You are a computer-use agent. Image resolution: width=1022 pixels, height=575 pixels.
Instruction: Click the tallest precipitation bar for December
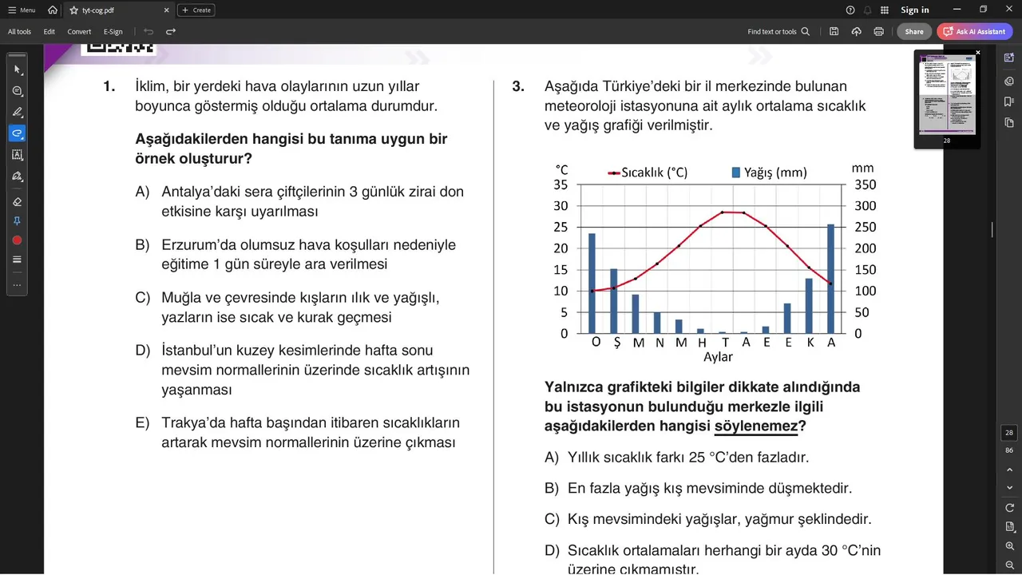click(x=830, y=279)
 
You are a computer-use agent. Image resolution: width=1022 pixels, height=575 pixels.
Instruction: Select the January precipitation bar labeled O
click(x=592, y=284)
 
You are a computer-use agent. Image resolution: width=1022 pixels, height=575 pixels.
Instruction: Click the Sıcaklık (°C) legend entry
click(x=648, y=172)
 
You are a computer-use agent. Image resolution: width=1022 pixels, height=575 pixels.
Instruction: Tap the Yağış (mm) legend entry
click(x=769, y=172)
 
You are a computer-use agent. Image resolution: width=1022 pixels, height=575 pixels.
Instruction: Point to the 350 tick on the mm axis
click(x=866, y=184)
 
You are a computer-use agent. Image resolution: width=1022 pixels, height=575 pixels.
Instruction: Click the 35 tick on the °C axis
click(x=561, y=184)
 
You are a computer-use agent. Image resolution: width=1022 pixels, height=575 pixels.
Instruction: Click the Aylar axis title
click(x=718, y=357)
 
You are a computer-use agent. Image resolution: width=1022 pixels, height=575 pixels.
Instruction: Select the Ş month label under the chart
click(x=616, y=343)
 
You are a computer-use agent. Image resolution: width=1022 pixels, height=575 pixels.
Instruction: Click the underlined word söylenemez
click(x=755, y=426)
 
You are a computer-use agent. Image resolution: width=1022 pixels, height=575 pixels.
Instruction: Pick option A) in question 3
click(x=687, y=458)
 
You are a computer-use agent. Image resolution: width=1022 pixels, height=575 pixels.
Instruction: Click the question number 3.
click(x=518, y=86)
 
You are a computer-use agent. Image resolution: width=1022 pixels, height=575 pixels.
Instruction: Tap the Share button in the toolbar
click(x=914, y=32)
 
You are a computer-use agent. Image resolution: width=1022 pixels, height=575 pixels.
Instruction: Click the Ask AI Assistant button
click(x=975, y=32)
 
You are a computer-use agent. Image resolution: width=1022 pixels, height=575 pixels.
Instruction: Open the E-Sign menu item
click(x=113, y=32)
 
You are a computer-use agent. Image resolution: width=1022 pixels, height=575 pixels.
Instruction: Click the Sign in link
click(x=914, y=10)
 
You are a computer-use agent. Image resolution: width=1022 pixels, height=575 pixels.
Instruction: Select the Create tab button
click(x=196, y=10)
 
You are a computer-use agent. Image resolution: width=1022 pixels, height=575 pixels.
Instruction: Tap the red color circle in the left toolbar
click(x=17, y=240)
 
